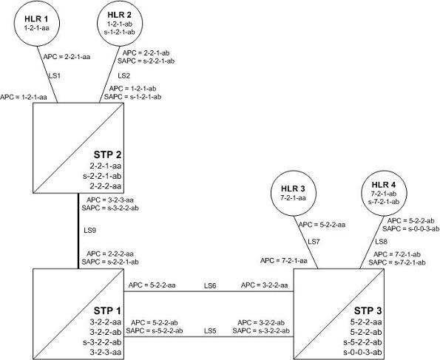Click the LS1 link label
(55, 75)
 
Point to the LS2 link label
(123, 75)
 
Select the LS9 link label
(89, 231)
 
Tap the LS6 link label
(210, 285)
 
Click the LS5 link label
(210, 331)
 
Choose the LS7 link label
(314, 242)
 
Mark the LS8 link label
(382, 242)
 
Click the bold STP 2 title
(107, 154)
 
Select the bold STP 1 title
(107, 311)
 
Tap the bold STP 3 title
(368, 311)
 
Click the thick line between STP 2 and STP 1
(78, 231)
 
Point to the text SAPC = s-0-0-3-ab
(410, 228)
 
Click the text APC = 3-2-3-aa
(110, 200)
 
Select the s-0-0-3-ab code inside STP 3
(362, 353)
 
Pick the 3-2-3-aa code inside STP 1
(106, 353)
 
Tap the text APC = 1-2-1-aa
(24, 98)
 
